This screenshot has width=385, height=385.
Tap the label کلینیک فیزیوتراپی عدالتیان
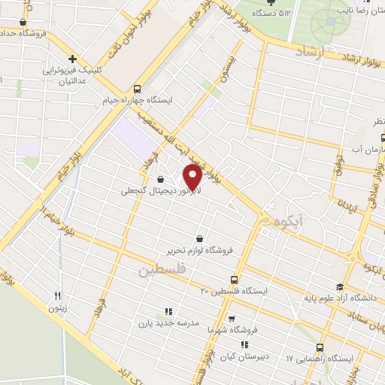[73, 75]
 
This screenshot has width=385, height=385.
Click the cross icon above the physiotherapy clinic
[73, 59]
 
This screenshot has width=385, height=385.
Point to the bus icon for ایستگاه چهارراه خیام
[135, 87]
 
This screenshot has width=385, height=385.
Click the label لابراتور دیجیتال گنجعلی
[159, 191]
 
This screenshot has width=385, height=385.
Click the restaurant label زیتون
[57, 308]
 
